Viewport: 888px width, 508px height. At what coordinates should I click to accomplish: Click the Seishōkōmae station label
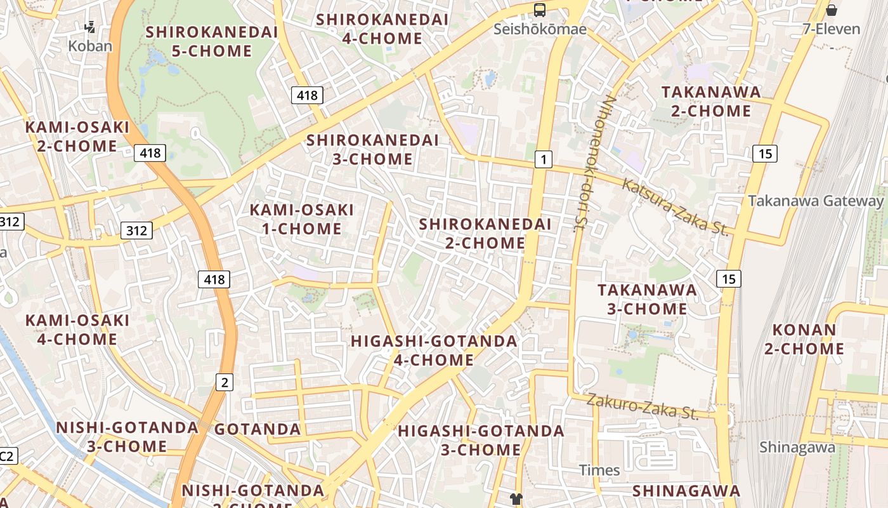pyautogui.click(x=539, y=29)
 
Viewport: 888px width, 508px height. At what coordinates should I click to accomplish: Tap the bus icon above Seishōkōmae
pyautogui.click(x=540, y=10)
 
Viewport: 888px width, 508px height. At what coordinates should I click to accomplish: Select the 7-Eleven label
pyautogui.click(x=831, y=29)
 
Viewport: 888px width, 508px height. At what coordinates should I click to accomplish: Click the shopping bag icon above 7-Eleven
pyautogui.click(x=832, y=10)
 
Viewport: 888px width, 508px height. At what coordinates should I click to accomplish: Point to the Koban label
pyautogui.click(x=90, y=46)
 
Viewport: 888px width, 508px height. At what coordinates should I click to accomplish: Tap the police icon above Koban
pyautogui.click(x=90, y=27)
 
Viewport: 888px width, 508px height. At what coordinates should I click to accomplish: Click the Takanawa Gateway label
pyautogui.click(x=816, y=201)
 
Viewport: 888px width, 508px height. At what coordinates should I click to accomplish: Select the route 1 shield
pyautogui.click(x=543, y=159)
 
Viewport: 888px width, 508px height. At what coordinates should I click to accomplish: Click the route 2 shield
pyautogui.click(x=225, y=382)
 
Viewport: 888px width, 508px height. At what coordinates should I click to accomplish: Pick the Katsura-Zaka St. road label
pyautogui.click(x=675, y=208)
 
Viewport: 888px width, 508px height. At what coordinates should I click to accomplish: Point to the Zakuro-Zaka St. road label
pyautogui.click(x=642, y=406)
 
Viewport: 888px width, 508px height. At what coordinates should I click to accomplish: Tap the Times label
pyautogui.click(x=599, y=470)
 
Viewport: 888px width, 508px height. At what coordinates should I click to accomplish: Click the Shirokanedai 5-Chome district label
pyautogui.click(x=212, y=41)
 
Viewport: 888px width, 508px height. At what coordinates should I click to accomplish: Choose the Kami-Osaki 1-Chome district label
pyautogui.click(x=302, y=219)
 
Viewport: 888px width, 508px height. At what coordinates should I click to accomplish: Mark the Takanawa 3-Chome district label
pyautogui.click(x=647, y=300)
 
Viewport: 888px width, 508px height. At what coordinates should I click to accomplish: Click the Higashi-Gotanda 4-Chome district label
pyautogui.click(x=434, y=351)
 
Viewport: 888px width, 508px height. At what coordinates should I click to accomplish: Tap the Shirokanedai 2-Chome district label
pyautogui.click(x=485, y=233)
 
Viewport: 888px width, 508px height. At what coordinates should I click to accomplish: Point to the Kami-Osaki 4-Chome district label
pyautogui.click(x=77, y=330)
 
